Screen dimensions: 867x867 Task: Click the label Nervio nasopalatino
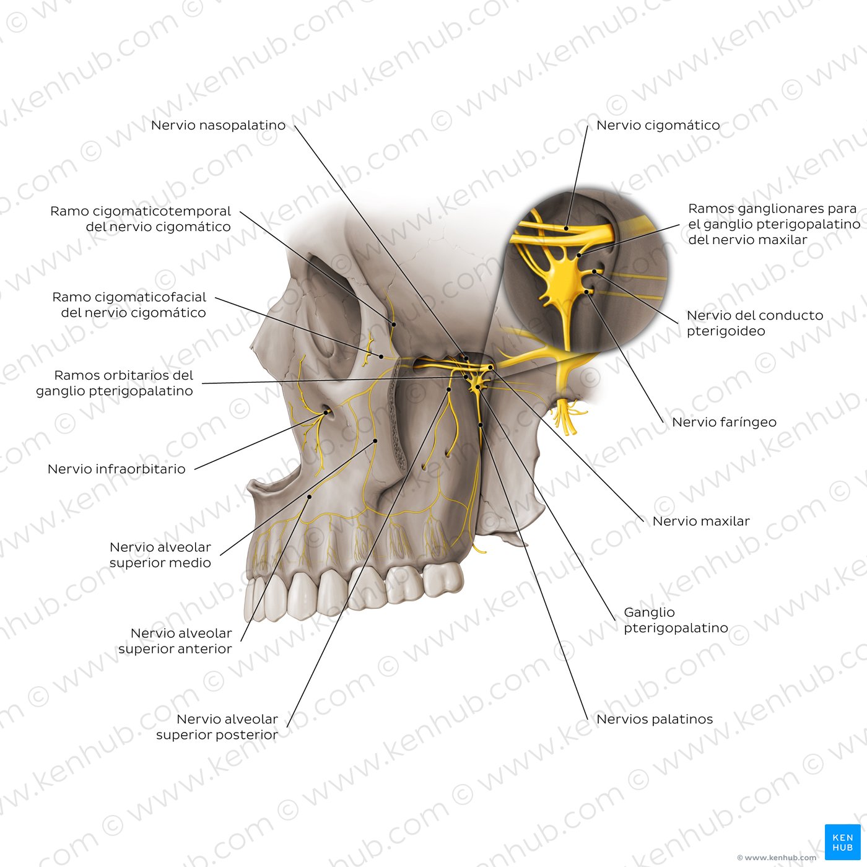point(218,125)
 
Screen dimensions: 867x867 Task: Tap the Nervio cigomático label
point(658,125)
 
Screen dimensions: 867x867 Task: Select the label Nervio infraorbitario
point(116,469)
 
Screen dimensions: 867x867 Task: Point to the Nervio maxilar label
point(701,521)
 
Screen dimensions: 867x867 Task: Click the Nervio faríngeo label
point(724,422)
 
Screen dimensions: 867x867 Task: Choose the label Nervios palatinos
point(655,719)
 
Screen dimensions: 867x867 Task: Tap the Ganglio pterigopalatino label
point(676,620)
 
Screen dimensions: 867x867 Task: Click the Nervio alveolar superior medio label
point(160,555)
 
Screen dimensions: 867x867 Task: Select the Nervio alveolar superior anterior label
point(175,641)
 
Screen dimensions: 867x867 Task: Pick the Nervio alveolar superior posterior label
point(217,726)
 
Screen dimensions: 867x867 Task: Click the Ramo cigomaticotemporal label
point(141,219)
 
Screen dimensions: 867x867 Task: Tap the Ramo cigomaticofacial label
point(129,305)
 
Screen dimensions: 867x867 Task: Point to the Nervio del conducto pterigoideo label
point(754,323)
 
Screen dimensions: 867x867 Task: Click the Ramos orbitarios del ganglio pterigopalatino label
point(115,383)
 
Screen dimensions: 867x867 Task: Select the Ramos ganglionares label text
point(774,224)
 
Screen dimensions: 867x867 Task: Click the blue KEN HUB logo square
point(842,842)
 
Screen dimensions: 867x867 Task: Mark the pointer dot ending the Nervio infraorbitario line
point(326,412)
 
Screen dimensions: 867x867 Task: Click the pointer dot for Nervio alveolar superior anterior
point(310,497)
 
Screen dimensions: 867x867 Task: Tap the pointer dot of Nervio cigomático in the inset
point(567,229)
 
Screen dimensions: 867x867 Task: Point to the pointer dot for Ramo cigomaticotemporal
point(394,324)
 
